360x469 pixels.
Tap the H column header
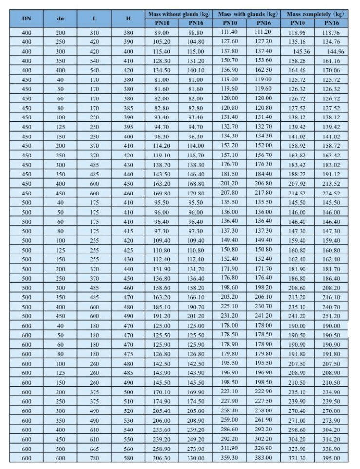click(x=128, y=19)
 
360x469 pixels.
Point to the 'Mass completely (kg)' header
click(x=316, y=15)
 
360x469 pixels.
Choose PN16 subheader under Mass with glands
click(x=264, y=22)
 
